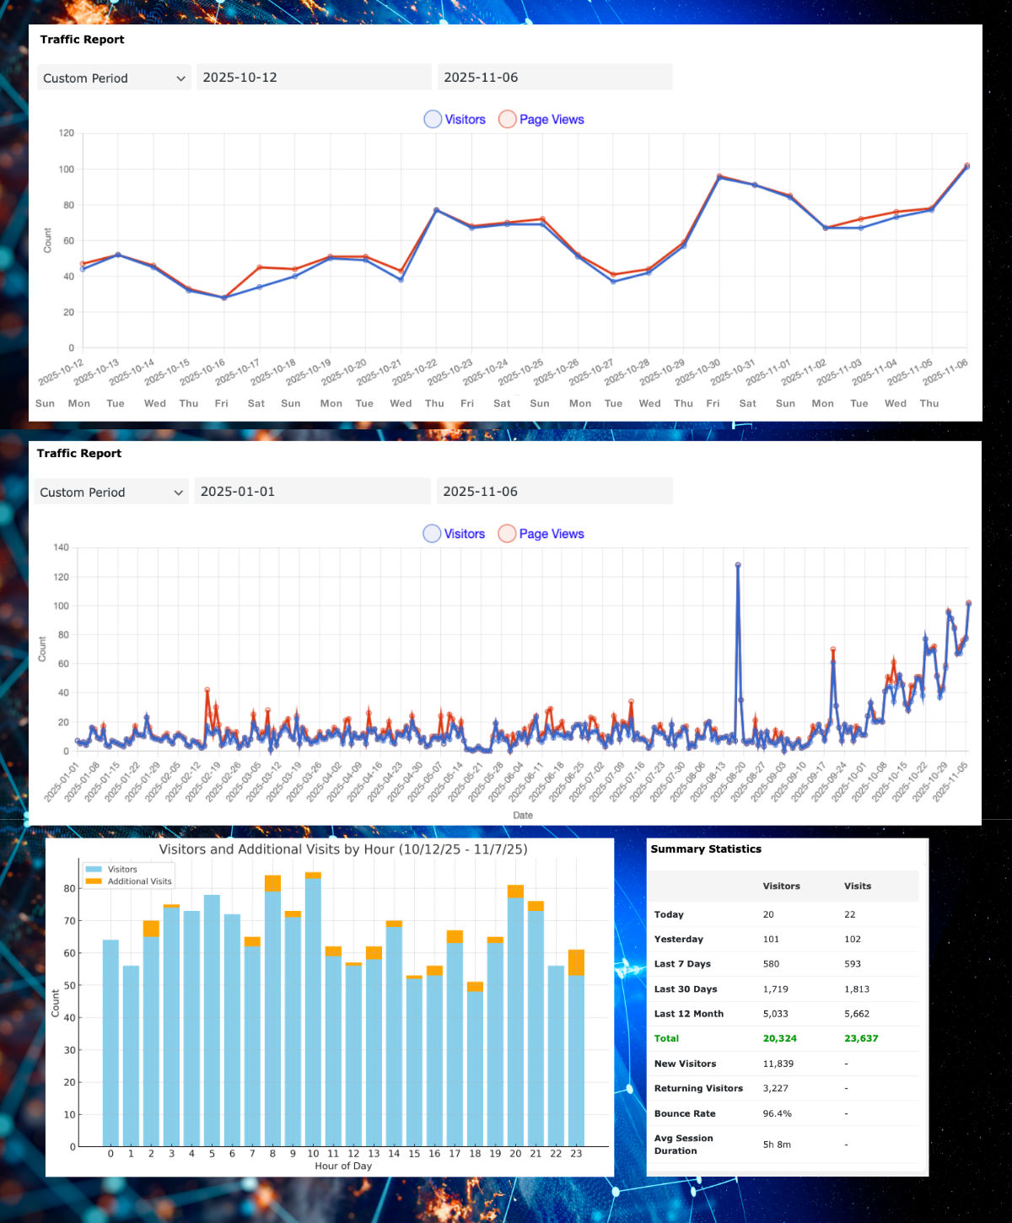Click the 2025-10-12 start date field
(314, 78)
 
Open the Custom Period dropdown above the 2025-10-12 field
(114, 78)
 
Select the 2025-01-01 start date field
(312, 492)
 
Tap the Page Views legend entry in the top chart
(541, 120)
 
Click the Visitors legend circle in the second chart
(432, 534)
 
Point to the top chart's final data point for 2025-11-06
(966, 166)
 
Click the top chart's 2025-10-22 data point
(436, 210)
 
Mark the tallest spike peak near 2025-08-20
(738, 565)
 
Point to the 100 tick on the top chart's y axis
(67, 170)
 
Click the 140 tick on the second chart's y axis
(61, 547)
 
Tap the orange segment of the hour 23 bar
(576, 962)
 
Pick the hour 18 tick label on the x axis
(475, 1154)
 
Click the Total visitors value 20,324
(779, 1038)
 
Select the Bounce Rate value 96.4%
(777, 1113)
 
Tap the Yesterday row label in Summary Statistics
(678, 939)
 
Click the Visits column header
(857, 886)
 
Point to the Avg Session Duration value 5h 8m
(777, 1145)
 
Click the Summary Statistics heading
(706, 849)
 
